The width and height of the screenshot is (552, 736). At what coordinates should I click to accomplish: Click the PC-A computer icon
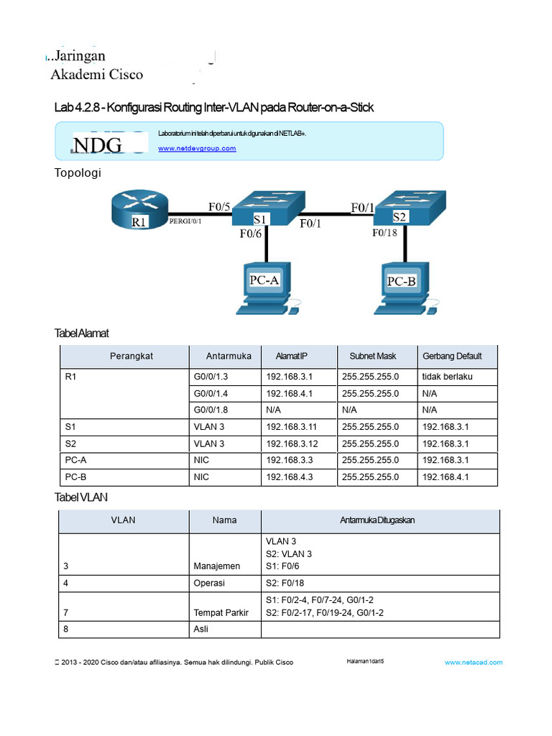[265, 287]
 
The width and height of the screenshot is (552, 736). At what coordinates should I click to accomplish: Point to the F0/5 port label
[219, 207]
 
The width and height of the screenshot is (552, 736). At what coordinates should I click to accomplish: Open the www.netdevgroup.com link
[197, 148]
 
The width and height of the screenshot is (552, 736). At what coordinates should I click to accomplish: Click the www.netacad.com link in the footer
[474, 662]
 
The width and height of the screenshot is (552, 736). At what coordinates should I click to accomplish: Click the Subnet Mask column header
[372, 356]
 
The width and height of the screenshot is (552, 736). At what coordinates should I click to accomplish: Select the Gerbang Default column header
[452, 356]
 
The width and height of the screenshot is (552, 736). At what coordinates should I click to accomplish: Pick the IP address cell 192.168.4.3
[290, 476]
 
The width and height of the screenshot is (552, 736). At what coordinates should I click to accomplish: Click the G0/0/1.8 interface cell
[213, 410]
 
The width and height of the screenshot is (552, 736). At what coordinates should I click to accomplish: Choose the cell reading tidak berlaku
[448, 377]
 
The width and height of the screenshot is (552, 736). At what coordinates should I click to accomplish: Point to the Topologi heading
[78, 172]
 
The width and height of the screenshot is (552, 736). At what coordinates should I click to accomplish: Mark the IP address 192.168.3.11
[293, 426]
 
